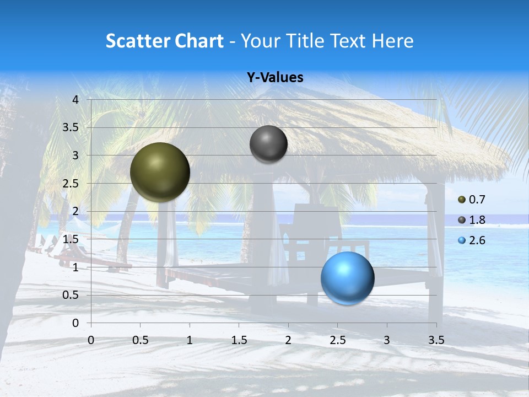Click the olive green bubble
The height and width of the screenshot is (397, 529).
160,172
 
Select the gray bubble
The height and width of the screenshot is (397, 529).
268,144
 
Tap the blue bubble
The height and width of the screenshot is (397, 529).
347,278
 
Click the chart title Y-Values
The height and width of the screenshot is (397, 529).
274,78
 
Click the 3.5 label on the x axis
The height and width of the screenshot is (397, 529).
436,340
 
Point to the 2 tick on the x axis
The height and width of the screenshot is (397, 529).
288,340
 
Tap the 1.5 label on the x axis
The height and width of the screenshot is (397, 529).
239,340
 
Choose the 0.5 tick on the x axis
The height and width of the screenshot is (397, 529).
141,340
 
